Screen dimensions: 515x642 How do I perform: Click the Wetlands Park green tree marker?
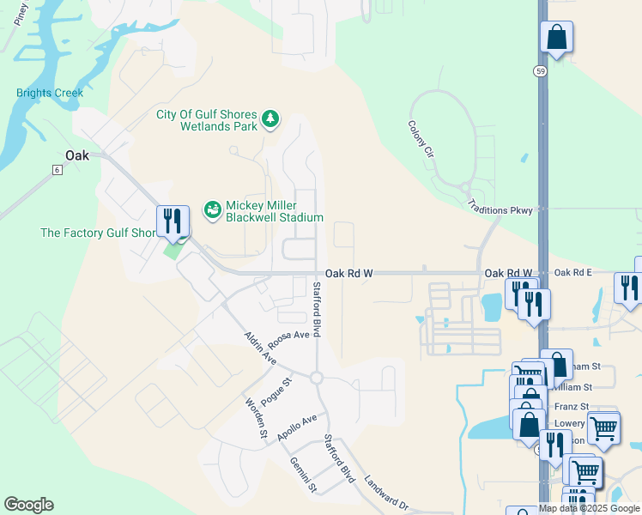270,118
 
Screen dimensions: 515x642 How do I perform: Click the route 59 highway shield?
539,70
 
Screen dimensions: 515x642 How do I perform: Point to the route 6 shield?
57,170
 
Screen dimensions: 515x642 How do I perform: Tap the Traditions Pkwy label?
500,209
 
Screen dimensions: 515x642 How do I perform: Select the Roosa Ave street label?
288,336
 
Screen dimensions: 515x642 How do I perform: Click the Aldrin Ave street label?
259,348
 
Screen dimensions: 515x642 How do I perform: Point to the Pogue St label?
276,390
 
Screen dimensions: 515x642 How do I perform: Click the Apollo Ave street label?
297,427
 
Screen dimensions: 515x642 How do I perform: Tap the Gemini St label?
303,475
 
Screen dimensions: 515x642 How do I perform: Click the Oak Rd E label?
572,273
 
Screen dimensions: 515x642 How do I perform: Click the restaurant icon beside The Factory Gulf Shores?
173,221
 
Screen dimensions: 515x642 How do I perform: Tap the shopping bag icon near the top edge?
556,38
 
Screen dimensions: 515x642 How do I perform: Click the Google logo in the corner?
28,504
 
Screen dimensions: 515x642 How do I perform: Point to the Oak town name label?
77,155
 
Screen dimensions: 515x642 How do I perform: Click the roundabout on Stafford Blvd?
316,378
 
